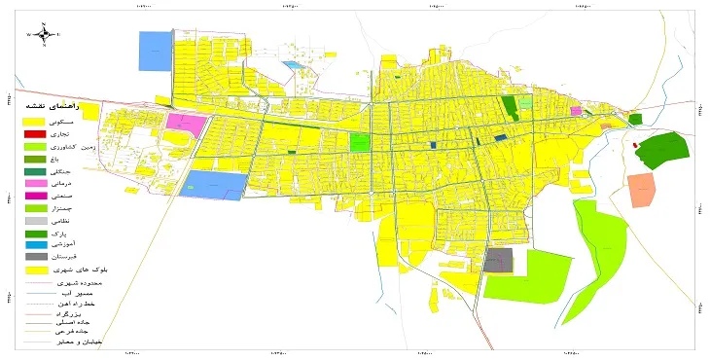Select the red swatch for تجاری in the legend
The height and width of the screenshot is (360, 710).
tap(34, 132)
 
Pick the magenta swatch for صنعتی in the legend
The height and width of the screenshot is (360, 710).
tap(34, 196)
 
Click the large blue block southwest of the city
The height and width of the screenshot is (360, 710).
tap(214, 185)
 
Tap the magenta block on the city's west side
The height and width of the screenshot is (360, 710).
tap(186, 125)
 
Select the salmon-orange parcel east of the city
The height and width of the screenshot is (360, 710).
tap(642, 190)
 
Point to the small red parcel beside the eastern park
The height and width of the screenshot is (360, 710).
tap(635, 145)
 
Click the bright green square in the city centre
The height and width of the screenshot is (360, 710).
tap(360, 142)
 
